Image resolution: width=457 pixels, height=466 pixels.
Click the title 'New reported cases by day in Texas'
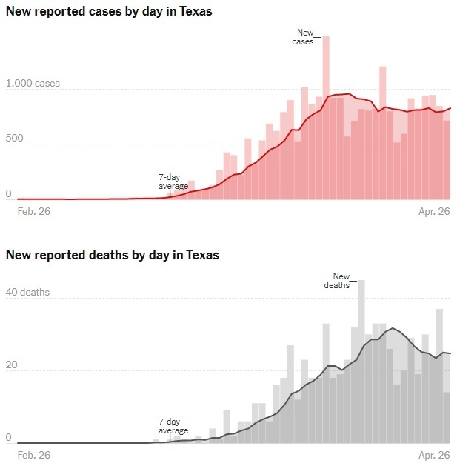pos(109,12)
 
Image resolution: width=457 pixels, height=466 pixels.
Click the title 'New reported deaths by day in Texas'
pos(113,255)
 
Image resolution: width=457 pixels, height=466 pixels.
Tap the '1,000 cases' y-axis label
pos(33,84)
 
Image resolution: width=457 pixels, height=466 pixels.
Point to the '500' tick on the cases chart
pos(16,139)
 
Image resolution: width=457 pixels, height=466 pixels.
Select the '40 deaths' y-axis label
pos(28,292)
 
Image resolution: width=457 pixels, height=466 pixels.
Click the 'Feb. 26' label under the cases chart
pos(33,210)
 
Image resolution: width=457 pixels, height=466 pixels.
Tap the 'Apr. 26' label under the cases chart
pos(434,210)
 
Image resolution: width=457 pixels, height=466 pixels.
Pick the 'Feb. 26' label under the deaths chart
pos(33,454)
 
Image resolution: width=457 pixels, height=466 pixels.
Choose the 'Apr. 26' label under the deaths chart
pos(434,454)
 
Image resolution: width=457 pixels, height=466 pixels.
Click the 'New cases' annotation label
pos(304,37)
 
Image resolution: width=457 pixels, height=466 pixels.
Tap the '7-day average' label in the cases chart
pos(173,182)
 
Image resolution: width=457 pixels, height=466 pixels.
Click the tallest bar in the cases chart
pos(326,119)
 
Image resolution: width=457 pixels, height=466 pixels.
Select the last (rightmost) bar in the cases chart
pos(447,159)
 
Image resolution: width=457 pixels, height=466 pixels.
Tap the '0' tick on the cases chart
pos(9,193)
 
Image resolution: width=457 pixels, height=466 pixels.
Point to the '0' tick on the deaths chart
pos(9,437)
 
